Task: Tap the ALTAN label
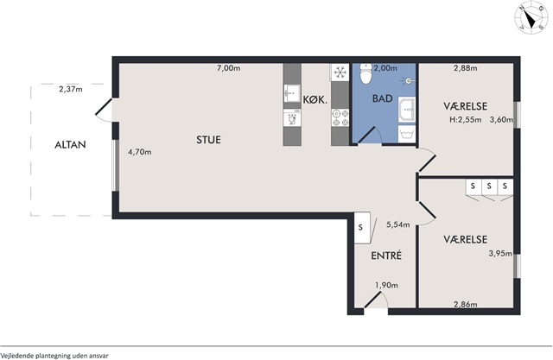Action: (70, 145)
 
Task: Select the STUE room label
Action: (208, 140)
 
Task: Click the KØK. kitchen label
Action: (315, 100)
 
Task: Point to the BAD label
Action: (382, 98)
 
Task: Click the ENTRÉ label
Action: (386, 256)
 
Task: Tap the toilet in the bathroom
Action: (365, 73)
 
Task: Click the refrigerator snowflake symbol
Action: (340, 73)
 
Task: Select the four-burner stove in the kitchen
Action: (340, 118)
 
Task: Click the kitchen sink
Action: (292, 93)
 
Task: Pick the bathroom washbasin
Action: (407, 110)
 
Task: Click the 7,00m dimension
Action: (228, 68)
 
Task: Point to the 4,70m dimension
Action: (140, 152)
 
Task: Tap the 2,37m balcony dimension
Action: (71, 90)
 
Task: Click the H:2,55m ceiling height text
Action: (465, 120)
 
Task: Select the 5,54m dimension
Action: (398, 224)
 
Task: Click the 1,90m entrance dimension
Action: (386, 285)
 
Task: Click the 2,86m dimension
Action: (466, 305)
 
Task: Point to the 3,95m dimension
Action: (500, 253)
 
